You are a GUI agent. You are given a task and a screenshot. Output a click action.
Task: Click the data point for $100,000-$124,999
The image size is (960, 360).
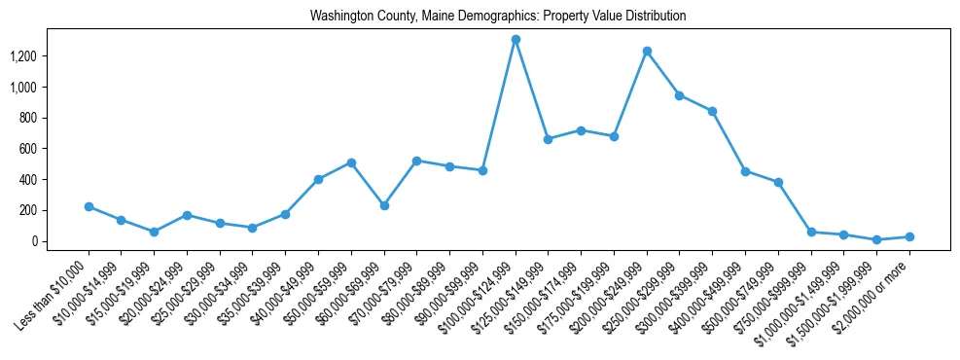pos(516,40)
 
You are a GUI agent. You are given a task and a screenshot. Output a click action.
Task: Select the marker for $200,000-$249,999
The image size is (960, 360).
pos(647,51)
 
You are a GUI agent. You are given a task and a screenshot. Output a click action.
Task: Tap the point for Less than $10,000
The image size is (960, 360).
pos(89,206)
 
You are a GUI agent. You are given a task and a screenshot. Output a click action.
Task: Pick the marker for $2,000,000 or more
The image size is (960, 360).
pos(909,236)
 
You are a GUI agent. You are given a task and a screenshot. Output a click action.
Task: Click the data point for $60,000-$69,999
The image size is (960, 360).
pos(384,205)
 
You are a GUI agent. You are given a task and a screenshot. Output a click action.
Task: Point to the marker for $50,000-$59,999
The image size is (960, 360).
pos(351,162)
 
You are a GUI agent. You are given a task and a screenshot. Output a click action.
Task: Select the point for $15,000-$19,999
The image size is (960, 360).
pos(154,232)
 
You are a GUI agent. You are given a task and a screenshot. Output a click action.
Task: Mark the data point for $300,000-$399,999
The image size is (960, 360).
pos(712,111)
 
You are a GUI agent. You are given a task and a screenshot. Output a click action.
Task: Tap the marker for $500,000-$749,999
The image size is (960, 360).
pos(778,182)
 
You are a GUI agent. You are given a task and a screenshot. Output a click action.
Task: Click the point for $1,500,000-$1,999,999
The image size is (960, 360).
pos(876,239)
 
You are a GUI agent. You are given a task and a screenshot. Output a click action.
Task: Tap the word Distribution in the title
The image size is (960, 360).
pos(654,17)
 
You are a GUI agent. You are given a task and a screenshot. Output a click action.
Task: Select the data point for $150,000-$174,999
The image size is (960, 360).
pos(581,130)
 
